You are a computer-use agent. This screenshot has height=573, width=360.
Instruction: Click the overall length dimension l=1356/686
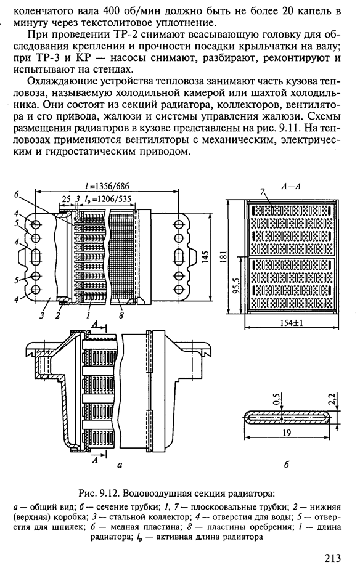[107, 185]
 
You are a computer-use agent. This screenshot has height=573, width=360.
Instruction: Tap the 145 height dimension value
[205, 258]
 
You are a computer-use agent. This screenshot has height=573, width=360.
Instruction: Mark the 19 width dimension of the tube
[287, 433]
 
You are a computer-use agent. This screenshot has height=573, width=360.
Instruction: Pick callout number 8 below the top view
[121, 315]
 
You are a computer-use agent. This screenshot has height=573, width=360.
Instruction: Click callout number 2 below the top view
[57, 315]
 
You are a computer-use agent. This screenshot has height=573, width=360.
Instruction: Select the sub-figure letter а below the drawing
[118, 465]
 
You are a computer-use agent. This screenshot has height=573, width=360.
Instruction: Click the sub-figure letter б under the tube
[286, 465]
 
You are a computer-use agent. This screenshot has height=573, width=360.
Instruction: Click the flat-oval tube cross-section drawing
[287, 417]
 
